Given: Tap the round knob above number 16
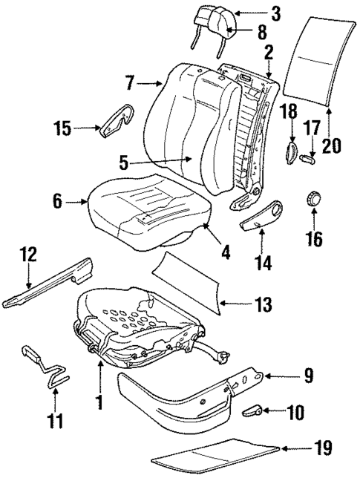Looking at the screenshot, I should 314,199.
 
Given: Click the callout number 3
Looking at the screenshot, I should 275,13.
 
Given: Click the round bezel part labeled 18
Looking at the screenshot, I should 290,152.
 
